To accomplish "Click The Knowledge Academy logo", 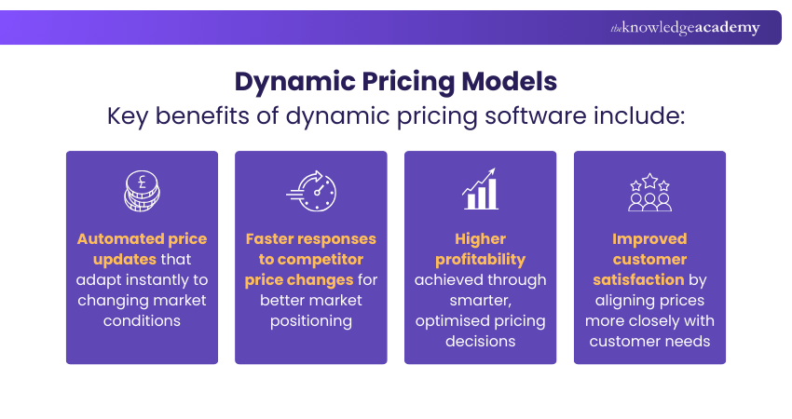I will (x=685, y=28).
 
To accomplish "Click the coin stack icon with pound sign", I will (x=142, y=191).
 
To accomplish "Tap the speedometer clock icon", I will (x=311, y=191).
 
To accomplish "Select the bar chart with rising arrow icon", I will (x=481, y=191).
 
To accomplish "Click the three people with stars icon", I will (x=649, y=191).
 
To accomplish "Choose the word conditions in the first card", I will (x=142, y=321).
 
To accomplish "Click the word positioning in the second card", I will (x=310, y=321).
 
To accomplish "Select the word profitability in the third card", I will (x=480, y=260).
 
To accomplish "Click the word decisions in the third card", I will (x=480, y=342).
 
